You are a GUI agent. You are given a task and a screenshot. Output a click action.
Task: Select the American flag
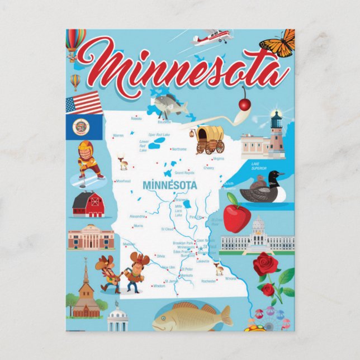pos(84,103)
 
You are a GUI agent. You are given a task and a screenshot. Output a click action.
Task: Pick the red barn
pos(88,205)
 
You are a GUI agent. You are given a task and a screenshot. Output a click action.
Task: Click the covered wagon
pos(210,139)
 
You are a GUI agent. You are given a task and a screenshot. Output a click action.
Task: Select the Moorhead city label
pos(122,181)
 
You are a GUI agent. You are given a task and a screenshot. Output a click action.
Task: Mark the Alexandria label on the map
pos(137,216)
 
